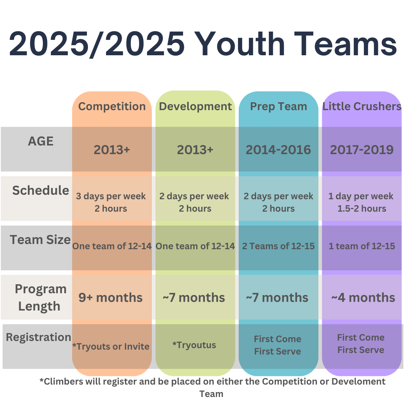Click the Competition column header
point(112,107)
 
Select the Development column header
point(195,107)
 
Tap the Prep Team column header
point(278,107)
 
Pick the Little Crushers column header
point(362,106)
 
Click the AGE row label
point(41,141)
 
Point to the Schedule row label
point(41,190)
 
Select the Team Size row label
point(40,240)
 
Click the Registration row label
point(38,337)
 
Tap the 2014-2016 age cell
point(278,150)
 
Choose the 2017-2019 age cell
point(362,150)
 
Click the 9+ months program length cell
point(111,298)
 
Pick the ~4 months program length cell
point(363,298)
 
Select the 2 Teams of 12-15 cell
point(278,246)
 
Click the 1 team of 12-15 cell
point(362,246)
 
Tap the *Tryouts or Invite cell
point(111,347)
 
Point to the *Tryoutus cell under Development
point(194,345)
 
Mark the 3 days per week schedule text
point(111,196)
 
